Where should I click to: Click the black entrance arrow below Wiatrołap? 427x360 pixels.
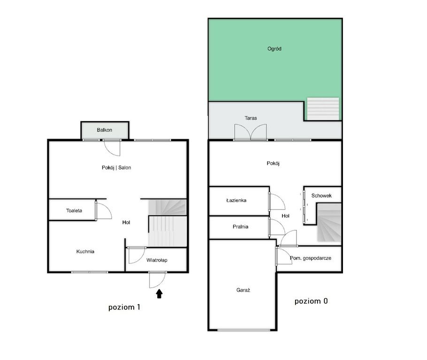pos(160,293)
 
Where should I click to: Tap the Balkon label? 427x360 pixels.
pos(104,130)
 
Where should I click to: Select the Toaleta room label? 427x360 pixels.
pos(74,210)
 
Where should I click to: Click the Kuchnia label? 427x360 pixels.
pos(85,251)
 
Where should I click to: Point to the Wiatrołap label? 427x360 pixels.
pos(157,260)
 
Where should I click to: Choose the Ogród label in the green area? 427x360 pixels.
pos(274,49)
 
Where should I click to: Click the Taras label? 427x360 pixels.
pos(251,118)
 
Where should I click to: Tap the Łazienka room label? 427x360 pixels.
pos(236,200)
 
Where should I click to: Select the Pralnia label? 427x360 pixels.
pos(240,227)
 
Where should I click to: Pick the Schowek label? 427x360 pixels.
pos(321,195)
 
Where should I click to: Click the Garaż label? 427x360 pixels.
pos(243,290)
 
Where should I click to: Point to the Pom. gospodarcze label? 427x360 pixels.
pos(311,258)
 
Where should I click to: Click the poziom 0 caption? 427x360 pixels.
pos(311,301)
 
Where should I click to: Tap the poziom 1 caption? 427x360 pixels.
pos(124,307)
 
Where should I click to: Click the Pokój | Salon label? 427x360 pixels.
pos(116,168)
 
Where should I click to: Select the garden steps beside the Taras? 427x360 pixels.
pos(323,109)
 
